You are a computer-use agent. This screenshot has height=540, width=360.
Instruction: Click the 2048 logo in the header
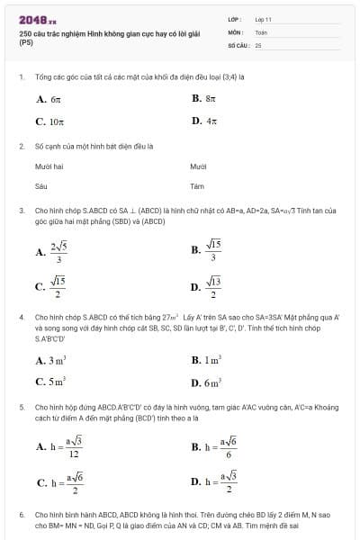[x=37, y=19]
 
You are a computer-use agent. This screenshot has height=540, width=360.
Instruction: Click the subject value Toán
[x=261, y=31]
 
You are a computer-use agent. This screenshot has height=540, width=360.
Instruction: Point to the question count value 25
[x=258, y=44]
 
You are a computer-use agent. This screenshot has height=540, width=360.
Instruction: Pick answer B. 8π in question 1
[x=204, y=98]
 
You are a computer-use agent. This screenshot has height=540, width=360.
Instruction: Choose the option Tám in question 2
[x=198, y=186]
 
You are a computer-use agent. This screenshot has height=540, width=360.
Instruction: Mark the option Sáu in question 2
[x=40, y=186]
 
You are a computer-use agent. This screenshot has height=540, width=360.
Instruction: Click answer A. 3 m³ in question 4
[x=51, y=360]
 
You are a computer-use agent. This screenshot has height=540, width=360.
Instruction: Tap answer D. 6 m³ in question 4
[x=206, y=382]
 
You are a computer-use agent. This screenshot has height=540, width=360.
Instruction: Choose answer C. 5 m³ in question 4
[x=51, y=382]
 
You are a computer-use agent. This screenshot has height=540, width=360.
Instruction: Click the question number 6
[x=21, y=515]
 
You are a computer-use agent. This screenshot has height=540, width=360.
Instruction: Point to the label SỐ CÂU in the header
[x=238, y=44]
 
